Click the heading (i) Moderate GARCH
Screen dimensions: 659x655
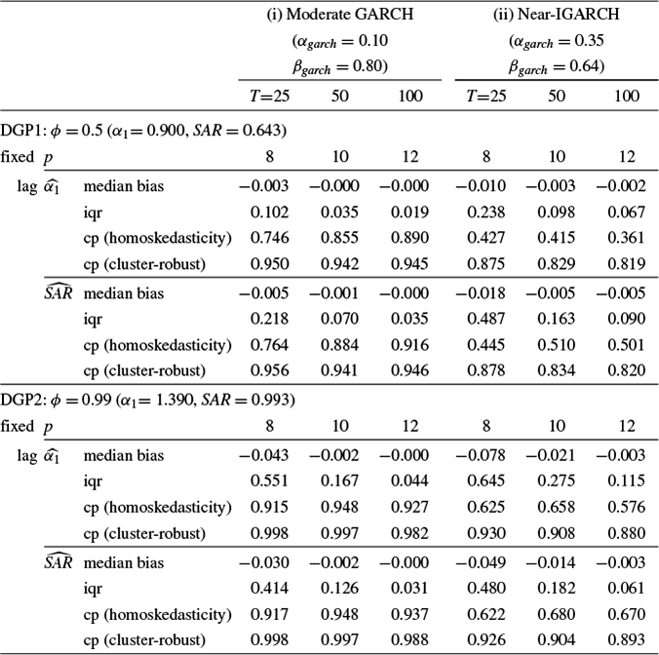point(340,15)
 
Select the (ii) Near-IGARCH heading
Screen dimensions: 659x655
point(556,15)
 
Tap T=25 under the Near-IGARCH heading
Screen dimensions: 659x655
point(485,96)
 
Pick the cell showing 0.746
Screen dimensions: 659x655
point(269,238)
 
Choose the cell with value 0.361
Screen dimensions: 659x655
point(626,238)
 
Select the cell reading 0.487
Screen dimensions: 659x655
point(485,319)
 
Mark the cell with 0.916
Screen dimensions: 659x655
point(409,345)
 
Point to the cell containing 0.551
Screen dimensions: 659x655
point(269,481)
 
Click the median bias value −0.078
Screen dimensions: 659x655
point(482,455)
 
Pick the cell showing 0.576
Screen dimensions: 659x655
point(626,507)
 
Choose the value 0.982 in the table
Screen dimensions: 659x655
point(409,533)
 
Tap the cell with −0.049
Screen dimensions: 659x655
point(482,563)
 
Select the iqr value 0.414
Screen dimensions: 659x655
point(269,588)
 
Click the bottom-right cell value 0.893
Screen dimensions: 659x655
point(626,639)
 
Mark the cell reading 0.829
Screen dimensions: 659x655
point(556,264)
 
